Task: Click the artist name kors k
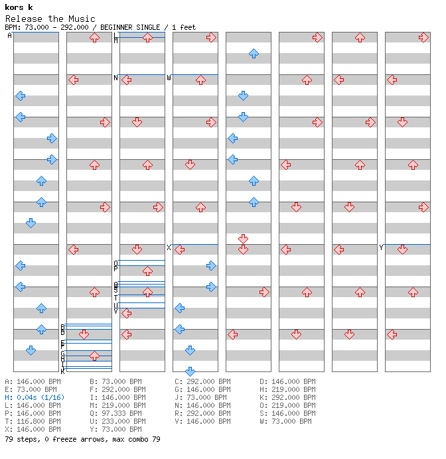[19, 7]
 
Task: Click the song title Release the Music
[50, 19]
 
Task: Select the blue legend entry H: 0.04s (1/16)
[34, 397]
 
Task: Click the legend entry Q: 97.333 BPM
[115, 413]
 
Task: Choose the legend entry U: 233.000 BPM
[115, 421]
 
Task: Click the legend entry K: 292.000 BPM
[287, 397]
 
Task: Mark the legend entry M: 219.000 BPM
[115, 405]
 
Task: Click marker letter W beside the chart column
[169, 78]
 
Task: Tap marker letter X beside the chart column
[169, 247]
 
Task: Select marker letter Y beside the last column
[381, 247]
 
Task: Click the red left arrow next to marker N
[126, 80]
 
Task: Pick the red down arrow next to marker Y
[402, 249]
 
